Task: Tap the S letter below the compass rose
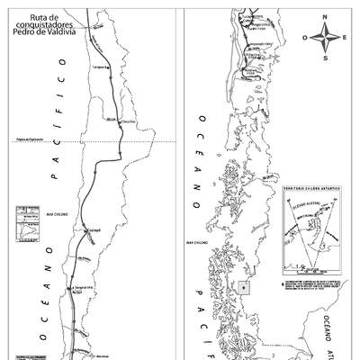328,57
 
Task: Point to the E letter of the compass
348,38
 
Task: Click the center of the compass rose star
328,38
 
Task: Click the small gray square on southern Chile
244,288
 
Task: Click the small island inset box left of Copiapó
26,225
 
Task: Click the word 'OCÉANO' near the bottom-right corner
328,333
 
